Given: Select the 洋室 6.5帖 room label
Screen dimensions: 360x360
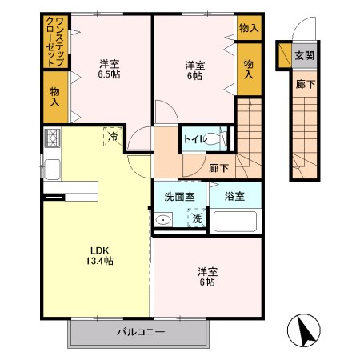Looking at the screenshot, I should [110, 70].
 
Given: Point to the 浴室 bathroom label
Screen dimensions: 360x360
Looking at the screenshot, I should [234, 195].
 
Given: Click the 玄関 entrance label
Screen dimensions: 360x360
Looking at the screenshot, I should [304, 55].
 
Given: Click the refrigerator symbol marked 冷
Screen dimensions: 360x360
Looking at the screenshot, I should [113, 137].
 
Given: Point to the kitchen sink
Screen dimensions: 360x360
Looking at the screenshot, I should [52, 169].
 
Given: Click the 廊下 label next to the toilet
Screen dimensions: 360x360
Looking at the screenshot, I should [218, 168].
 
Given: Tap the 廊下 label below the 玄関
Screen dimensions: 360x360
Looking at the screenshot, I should [303, 82].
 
